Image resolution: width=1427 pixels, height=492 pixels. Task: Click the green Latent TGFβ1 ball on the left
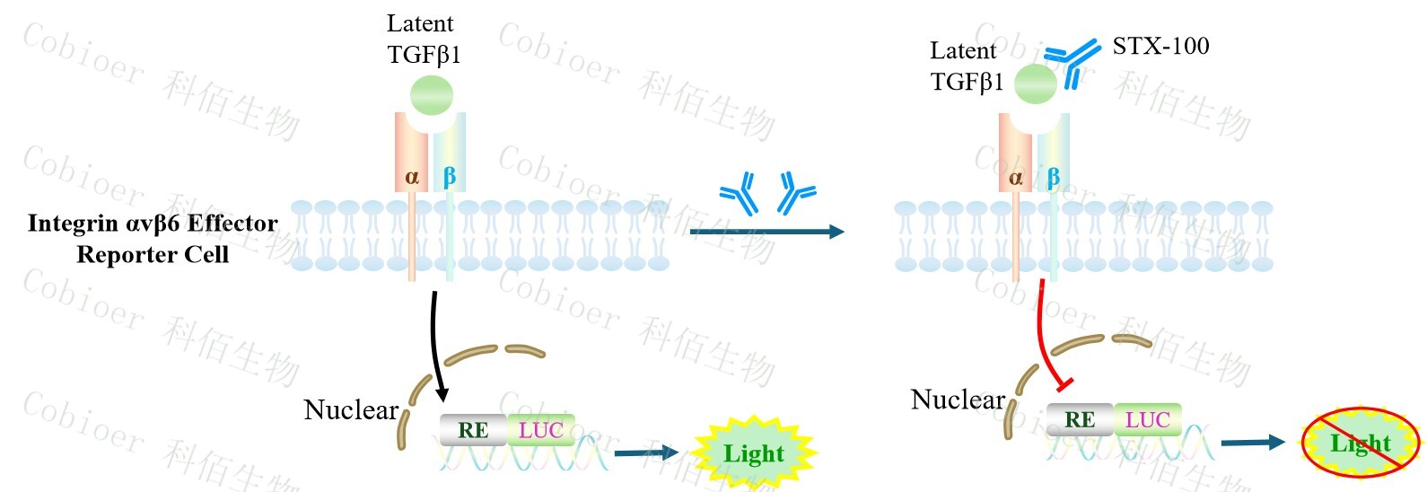point(432,95)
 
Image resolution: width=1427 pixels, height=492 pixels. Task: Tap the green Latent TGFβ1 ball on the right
point(1036,84)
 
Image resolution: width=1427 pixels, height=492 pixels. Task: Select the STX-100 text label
point(1160,46)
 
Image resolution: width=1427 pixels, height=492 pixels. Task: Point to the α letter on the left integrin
point(412,177)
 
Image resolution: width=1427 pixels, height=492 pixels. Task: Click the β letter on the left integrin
point(450,176)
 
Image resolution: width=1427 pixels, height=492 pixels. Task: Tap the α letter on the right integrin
point(1016,178)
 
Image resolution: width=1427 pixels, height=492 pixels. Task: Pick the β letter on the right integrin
point(1054,177)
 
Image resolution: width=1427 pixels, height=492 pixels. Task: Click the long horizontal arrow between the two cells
point(766,232)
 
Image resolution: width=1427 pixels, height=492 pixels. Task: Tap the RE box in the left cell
point(473,430)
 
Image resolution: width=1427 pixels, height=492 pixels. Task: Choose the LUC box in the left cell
point(540,430)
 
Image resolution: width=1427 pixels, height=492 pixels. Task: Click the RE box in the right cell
point(1080,419)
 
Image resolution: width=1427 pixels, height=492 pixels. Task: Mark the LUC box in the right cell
point(1147,419)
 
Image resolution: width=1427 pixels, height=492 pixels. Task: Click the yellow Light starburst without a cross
point(754,452)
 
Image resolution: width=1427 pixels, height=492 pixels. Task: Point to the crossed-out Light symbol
point(1361,443)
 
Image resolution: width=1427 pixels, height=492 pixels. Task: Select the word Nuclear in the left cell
point(351,410)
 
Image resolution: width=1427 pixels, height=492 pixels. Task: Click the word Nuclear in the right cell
point(958,400)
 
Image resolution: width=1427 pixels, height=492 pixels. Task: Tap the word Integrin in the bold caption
point(72,224)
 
